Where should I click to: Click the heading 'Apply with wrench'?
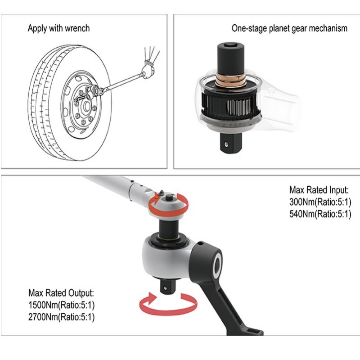point(58,28)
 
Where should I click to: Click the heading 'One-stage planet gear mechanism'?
point(289,28)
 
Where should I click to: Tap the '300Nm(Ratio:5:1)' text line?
point(319,202)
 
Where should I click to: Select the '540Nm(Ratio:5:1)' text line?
point(319,214)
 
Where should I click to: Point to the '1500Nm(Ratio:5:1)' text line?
point(62,306)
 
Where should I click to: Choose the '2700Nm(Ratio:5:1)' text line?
point(62,317)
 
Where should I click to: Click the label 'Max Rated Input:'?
point(319,190)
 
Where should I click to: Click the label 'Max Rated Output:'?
point(61,293)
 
